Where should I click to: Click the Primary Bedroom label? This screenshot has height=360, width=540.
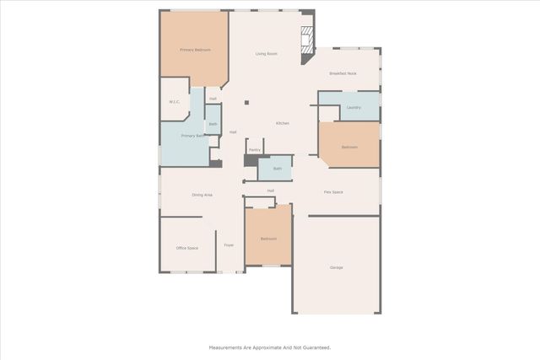point(195,50)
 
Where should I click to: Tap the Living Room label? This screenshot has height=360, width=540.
point(267,54)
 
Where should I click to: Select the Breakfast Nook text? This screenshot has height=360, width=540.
point(343,73)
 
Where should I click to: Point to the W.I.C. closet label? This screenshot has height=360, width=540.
point(175,102)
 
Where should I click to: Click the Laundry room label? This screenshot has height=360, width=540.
point(354,107)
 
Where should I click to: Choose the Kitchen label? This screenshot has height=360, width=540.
point(283,124)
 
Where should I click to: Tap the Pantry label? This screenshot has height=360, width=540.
point(254,149)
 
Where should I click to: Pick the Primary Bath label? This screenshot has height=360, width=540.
point(192,136)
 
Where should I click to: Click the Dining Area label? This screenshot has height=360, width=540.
point(202,195)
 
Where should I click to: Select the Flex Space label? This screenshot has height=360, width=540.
point(333,192)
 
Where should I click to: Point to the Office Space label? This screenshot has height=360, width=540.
point(186,248)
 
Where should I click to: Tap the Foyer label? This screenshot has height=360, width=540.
point(229,245)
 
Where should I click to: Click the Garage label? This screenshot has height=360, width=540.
point(336,267)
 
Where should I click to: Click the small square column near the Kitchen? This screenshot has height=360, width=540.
point(246,103)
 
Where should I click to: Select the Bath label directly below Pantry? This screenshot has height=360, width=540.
point(277,169)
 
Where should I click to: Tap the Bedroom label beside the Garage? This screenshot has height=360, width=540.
point(268,239)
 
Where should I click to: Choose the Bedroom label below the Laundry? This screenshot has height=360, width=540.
point(349,148)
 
